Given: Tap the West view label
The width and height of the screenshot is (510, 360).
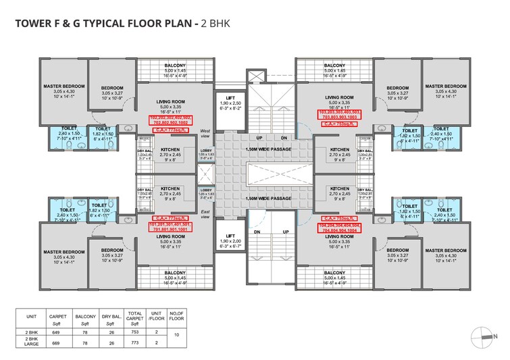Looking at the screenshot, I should (x=205, y=133).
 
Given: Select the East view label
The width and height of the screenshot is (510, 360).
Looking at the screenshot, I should (x=205, y=215).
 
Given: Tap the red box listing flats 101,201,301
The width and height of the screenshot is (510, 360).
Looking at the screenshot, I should (x=170, y=226).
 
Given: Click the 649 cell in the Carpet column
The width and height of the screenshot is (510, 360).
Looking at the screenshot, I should (x=56, y=332).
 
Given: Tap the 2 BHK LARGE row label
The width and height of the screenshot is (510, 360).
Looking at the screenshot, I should (x=30, y=342).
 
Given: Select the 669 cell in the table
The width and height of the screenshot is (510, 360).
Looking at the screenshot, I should (x=56, y=342).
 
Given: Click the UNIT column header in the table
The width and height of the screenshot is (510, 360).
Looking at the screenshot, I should (x=30, y=315).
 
